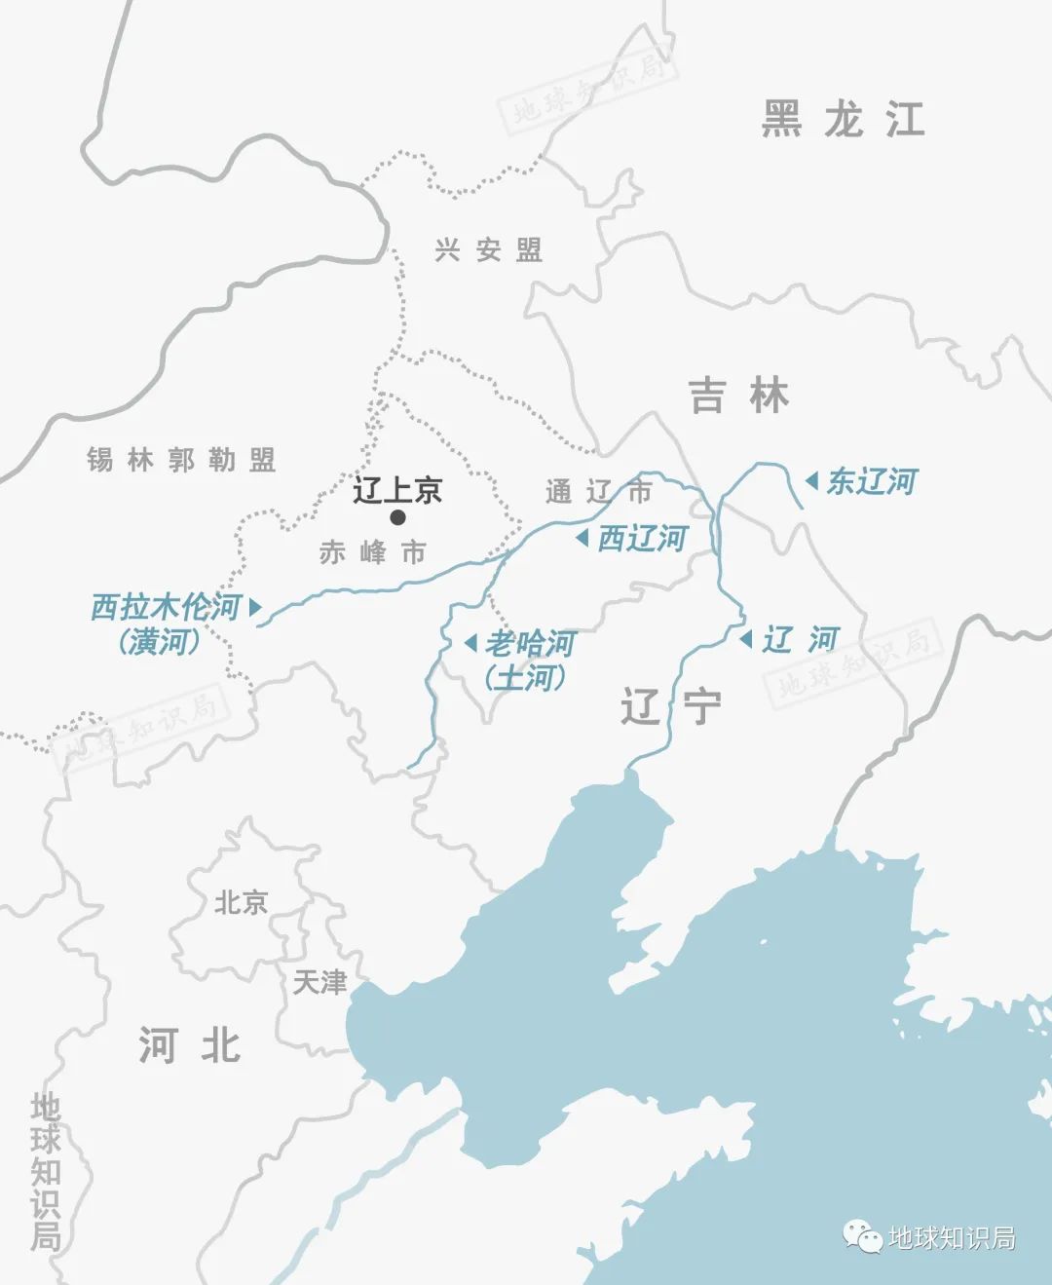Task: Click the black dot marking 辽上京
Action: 397,517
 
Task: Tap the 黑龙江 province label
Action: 843,119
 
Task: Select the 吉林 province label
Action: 738,396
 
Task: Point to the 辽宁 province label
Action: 672,705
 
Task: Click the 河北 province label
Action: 190,1044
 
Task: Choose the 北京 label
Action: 241,902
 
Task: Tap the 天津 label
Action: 319,981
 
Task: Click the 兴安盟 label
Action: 488,250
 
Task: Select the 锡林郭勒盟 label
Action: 181,459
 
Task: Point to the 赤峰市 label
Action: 373,553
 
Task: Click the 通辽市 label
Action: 599,492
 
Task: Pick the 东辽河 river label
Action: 872,481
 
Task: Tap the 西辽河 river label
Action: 642,538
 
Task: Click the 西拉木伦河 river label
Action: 165,607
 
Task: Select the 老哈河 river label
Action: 531,643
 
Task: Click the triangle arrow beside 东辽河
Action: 811,480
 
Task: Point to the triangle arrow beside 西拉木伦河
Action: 255,607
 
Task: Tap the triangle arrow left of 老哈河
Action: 470,643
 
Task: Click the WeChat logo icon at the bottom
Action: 863,1237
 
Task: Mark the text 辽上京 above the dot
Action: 397,489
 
